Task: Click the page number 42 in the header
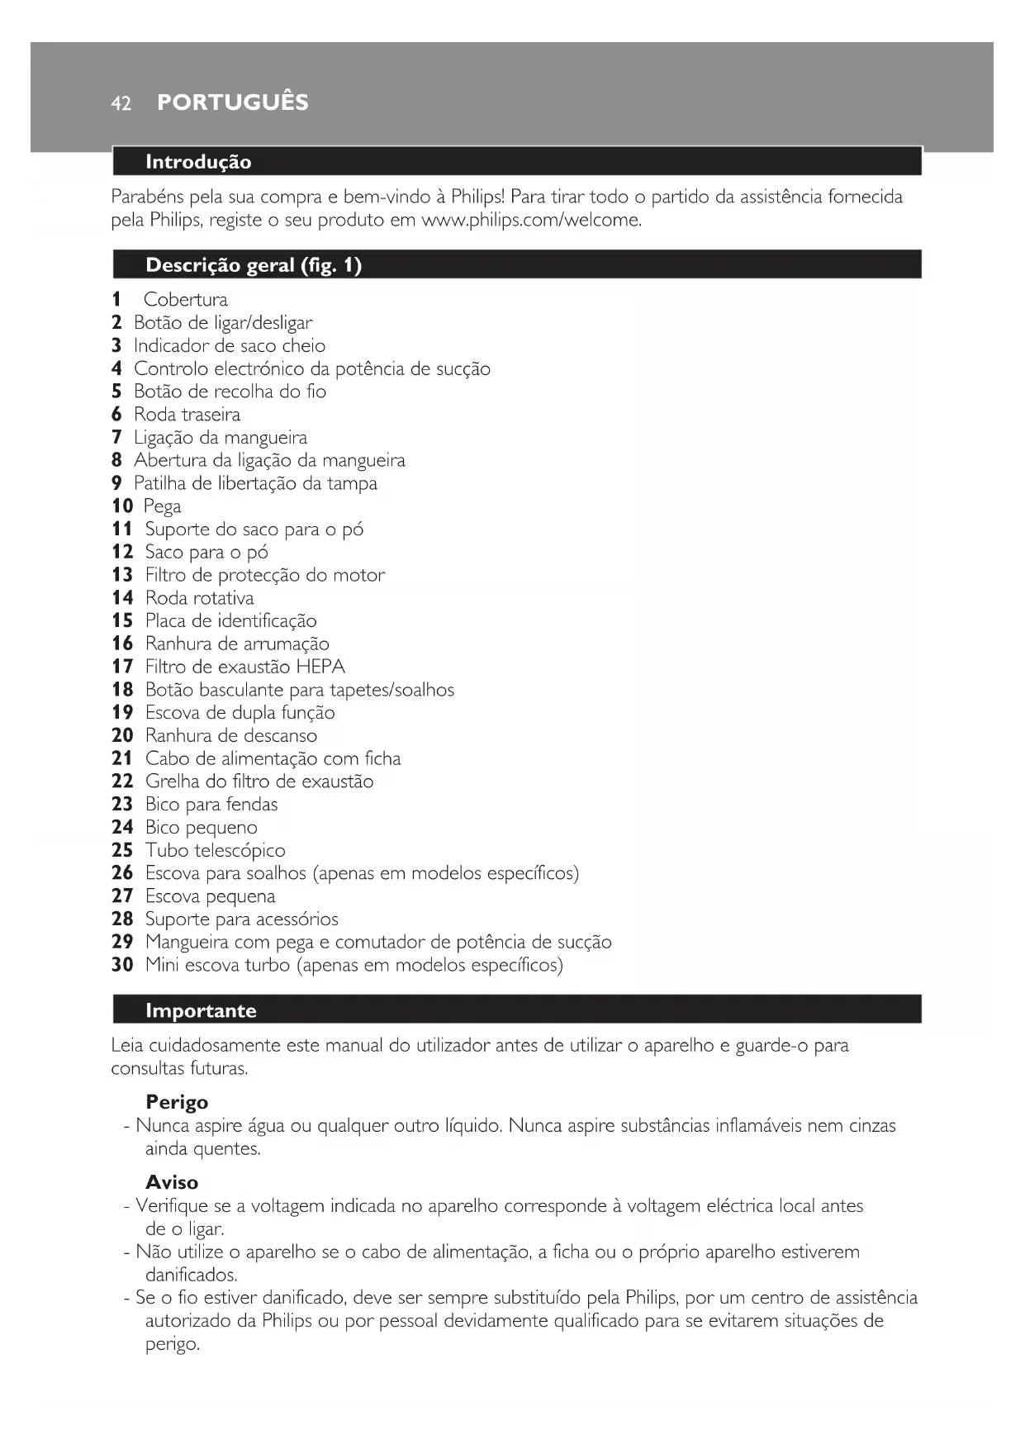point(121,103)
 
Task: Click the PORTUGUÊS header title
point(232,102)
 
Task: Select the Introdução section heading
point(198,162)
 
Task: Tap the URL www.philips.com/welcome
point(531,221)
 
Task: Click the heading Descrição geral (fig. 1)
point(254,265)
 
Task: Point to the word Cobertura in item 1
point(185,300)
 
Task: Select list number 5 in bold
point(116,392)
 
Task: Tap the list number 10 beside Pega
point(122,506)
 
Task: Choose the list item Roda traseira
point(187,415)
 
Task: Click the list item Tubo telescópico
point(215,850)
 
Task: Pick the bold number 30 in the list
point(122,965)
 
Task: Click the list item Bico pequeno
point(201,827)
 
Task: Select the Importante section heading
point(201,1011)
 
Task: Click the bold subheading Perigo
point(177,1102)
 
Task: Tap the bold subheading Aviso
point(172,1182)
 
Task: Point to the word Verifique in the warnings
point(172,1206)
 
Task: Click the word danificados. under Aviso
point(191,1275)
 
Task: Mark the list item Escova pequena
point(210,896)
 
